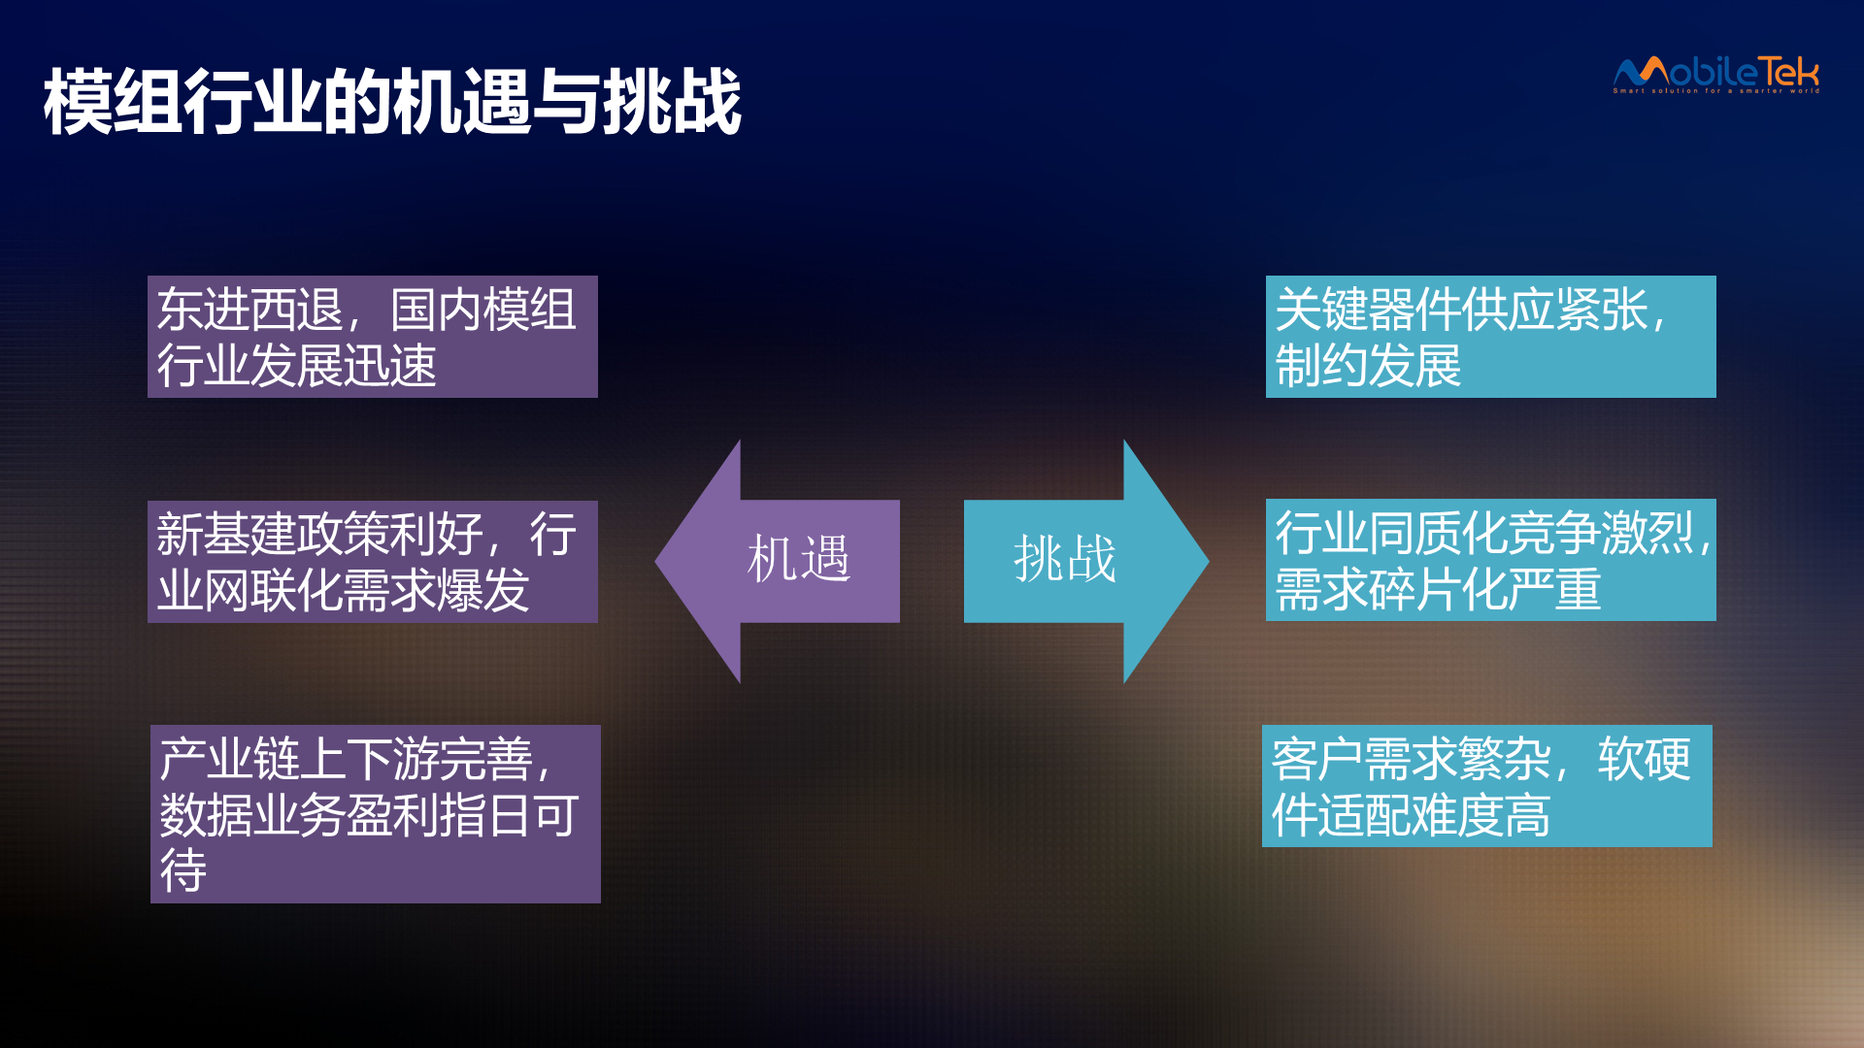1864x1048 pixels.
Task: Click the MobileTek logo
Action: click(x=1716, y=74)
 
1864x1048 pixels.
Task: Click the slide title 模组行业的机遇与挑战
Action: click(x=393, y=101)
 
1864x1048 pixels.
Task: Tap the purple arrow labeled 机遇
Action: click(x=778, y=561)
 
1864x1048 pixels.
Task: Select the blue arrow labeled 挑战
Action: click(x=1086, y=561)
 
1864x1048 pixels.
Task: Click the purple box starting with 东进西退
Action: click(x=373, y=337)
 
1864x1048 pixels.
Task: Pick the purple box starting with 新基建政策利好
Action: click(x=373, y=562)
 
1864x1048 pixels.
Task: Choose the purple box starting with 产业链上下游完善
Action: click(x=376, y=814)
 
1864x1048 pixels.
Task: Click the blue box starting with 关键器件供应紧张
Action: click(x=1491, y=337)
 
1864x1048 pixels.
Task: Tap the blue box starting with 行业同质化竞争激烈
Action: click(x=1491, y=560)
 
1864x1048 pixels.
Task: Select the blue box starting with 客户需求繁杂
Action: click(x=1487, y=786)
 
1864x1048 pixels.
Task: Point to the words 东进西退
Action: click(x=250, y=310)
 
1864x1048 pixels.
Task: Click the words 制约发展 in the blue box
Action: click(x=1368, y=366)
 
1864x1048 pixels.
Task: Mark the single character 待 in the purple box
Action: click(x=183, y=870)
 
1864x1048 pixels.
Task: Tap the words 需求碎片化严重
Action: click(x=1438, y=589)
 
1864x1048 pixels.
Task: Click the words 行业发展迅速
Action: click(x=297, y=366)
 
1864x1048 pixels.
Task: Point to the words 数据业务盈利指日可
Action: click(x=370, y=815)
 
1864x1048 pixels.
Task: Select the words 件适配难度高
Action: click(x=1411, y=815)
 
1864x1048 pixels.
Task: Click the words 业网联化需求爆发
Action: click(x=344, y=590)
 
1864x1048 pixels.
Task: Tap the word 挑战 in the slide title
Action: click(x=673, y=101)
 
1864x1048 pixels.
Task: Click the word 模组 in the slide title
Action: click(x=114, y=101)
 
